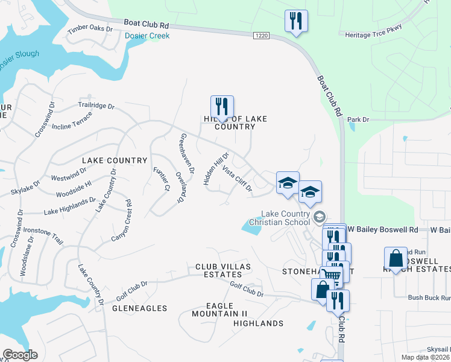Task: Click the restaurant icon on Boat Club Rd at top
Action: pyautogui.click(x=296, y=21)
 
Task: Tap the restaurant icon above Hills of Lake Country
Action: pyautogui.click(x=222, y=107)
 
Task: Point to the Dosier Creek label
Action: pyautogui.click(x=147, y=36)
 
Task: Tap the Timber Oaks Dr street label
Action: pyautogui.click(x=90, y=28)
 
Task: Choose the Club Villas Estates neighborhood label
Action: pyautogui.click(x=222, y=270)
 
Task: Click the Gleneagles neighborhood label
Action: pyautogui.click(x=139, y=308)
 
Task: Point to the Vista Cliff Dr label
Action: pyautogui.click(x=237, y=179)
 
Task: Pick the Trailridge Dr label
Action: pyautogui.click(x=96, y=106)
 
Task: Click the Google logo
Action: pyautogui.click(x=20, y=355)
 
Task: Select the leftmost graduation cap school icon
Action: pyautogui.click(x=288, y=182)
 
